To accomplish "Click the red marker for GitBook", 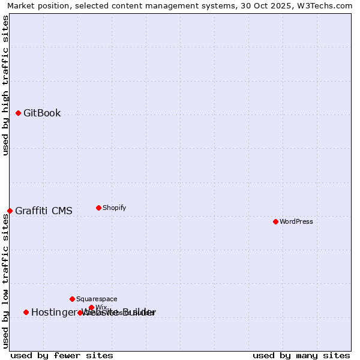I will point(18,113).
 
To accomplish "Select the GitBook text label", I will point(42,113).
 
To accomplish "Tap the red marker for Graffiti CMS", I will point(10,211).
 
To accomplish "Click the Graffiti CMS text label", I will point(44,211).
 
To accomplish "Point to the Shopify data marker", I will point(98,208).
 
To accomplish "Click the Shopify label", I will point(114,208).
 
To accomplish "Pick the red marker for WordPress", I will point(275,221).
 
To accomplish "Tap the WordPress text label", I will point(296,221).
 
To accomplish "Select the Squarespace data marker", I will point(72,299).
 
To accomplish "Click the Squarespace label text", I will point(97,299).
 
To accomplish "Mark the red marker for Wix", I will point(91,307).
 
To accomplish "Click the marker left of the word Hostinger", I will point(26,312).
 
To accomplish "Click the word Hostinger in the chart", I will point(55,312).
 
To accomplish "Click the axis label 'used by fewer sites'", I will point(62,355).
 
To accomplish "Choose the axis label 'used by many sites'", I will point(301,355).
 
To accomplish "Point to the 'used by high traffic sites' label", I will point(5,85).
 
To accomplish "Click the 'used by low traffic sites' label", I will point(5,281).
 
